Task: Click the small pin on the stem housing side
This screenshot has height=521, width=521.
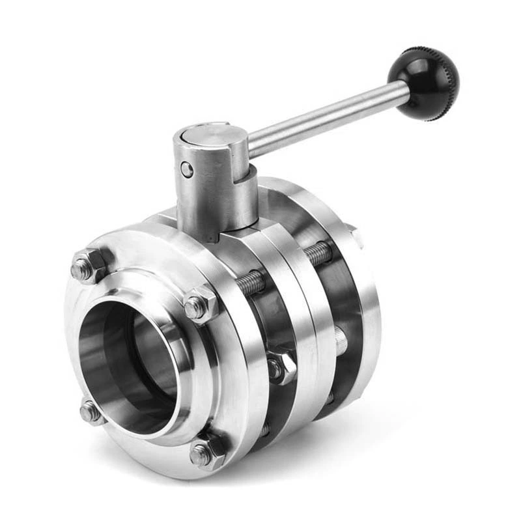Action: [x=187, y=170]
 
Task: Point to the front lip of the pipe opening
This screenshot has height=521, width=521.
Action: [x=85, y=365]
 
